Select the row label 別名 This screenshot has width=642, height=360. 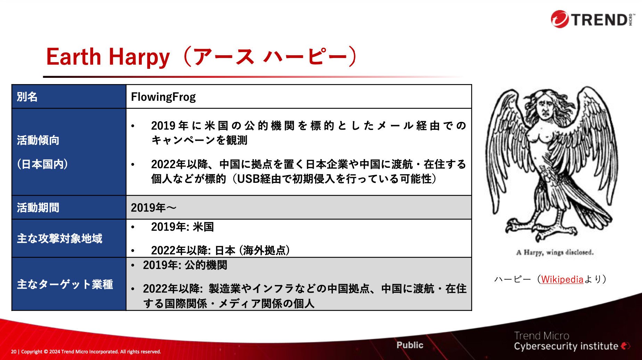click(x=27, y=97)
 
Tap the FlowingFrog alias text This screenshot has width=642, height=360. click(x=163, y=97)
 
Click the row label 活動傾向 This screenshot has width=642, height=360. click(x=38, y=140)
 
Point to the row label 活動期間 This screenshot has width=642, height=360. click(x=38, y=207)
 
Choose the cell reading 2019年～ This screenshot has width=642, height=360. click(x=154, y=207)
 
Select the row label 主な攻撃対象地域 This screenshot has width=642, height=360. click(x=60, y=238)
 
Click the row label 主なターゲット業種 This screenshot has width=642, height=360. click(x=65, y=284)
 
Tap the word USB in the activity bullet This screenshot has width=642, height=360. click(x=248, y=179)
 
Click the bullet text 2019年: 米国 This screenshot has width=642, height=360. click(x=182, y=227)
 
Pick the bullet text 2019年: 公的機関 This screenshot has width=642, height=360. click(x=185, y=265)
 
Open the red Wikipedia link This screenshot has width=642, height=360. click(x=562, y=279)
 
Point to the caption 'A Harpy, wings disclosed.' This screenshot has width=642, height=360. click(x=555, y=252)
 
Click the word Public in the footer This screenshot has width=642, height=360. click(x=410, y=345)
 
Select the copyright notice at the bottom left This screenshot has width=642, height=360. click(x=86, y=352)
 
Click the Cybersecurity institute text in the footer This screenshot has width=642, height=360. click(x=566, y=346)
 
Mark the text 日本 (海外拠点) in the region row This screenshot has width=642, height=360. click(x=253, y=250)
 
